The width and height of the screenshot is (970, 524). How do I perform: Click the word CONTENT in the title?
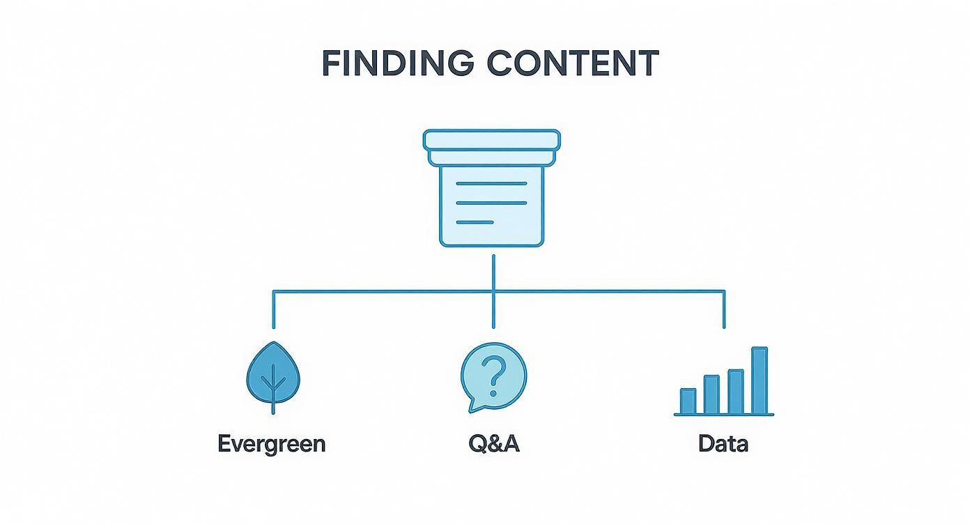(572, 63)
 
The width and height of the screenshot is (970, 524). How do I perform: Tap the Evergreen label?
(272, 444)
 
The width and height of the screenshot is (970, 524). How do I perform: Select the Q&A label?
(494, 444)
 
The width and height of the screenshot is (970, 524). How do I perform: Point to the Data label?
(723, 444)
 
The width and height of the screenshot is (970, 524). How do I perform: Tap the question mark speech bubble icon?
(493, 376)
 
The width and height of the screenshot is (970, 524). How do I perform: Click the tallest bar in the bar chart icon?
(760, 380)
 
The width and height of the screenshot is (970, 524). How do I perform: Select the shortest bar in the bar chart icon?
(688, 401)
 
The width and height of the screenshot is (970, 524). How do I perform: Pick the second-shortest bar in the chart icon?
(711, 394)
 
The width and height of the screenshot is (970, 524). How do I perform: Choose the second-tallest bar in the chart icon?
(736, 391)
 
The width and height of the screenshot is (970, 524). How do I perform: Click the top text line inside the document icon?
(491, 183)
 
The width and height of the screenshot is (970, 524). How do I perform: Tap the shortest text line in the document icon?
(475, 222)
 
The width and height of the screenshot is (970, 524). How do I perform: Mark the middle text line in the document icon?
(491, 203)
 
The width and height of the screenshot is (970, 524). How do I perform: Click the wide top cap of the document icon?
(492, 139)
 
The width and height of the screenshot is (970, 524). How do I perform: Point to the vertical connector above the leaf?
(273, 310)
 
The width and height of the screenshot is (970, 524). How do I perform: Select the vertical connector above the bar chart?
(724, 310)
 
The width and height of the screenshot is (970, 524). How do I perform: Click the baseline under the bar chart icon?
(723, 415)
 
